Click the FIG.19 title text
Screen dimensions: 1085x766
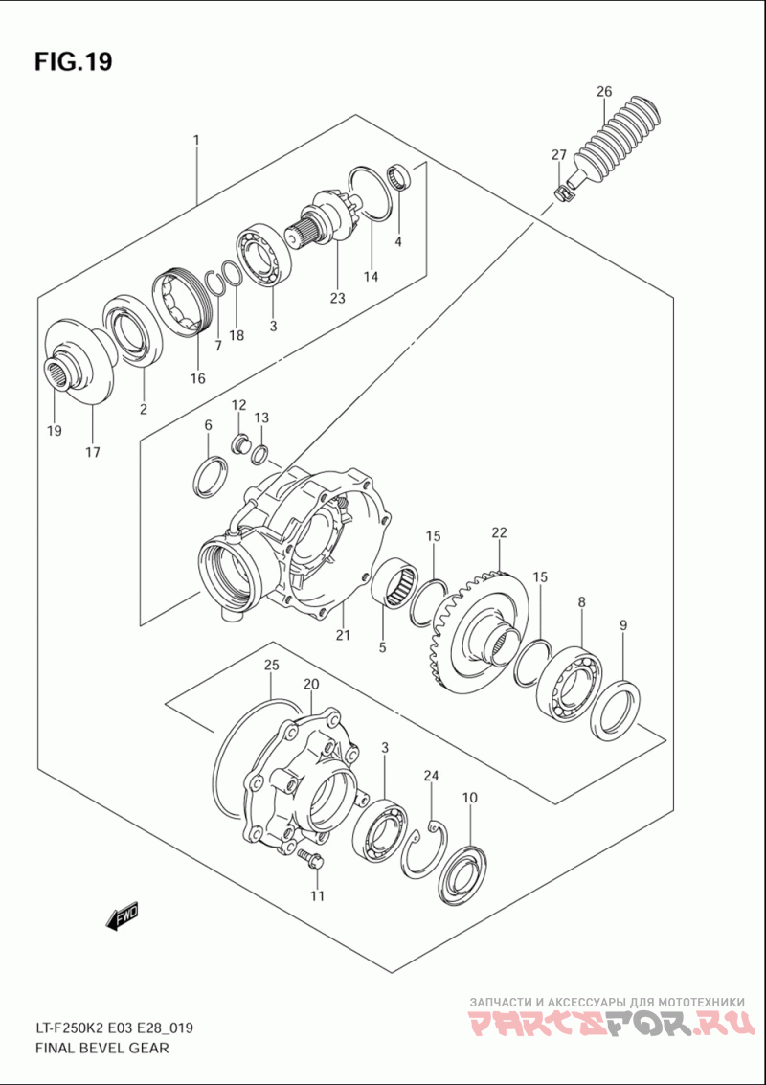click(x=73, y=62)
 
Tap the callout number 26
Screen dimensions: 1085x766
click(x=603, y=92)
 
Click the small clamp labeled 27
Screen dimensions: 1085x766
click(x=562, y=192)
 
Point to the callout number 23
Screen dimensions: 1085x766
click(x=337, y=298)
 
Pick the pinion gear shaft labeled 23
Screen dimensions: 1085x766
click(x=326, y=225)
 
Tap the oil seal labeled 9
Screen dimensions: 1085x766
click(x=617, y=709)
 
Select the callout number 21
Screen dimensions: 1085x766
click(x=343, y=635)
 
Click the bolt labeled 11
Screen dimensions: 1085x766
click(x=310, y=859)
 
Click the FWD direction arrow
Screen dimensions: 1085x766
click(x=123, y=917)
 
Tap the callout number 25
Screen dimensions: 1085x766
click(x=272, y=665)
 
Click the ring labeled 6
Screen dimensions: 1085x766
click(x=212, y=476)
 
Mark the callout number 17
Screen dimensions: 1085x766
click(x=93, y=452)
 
